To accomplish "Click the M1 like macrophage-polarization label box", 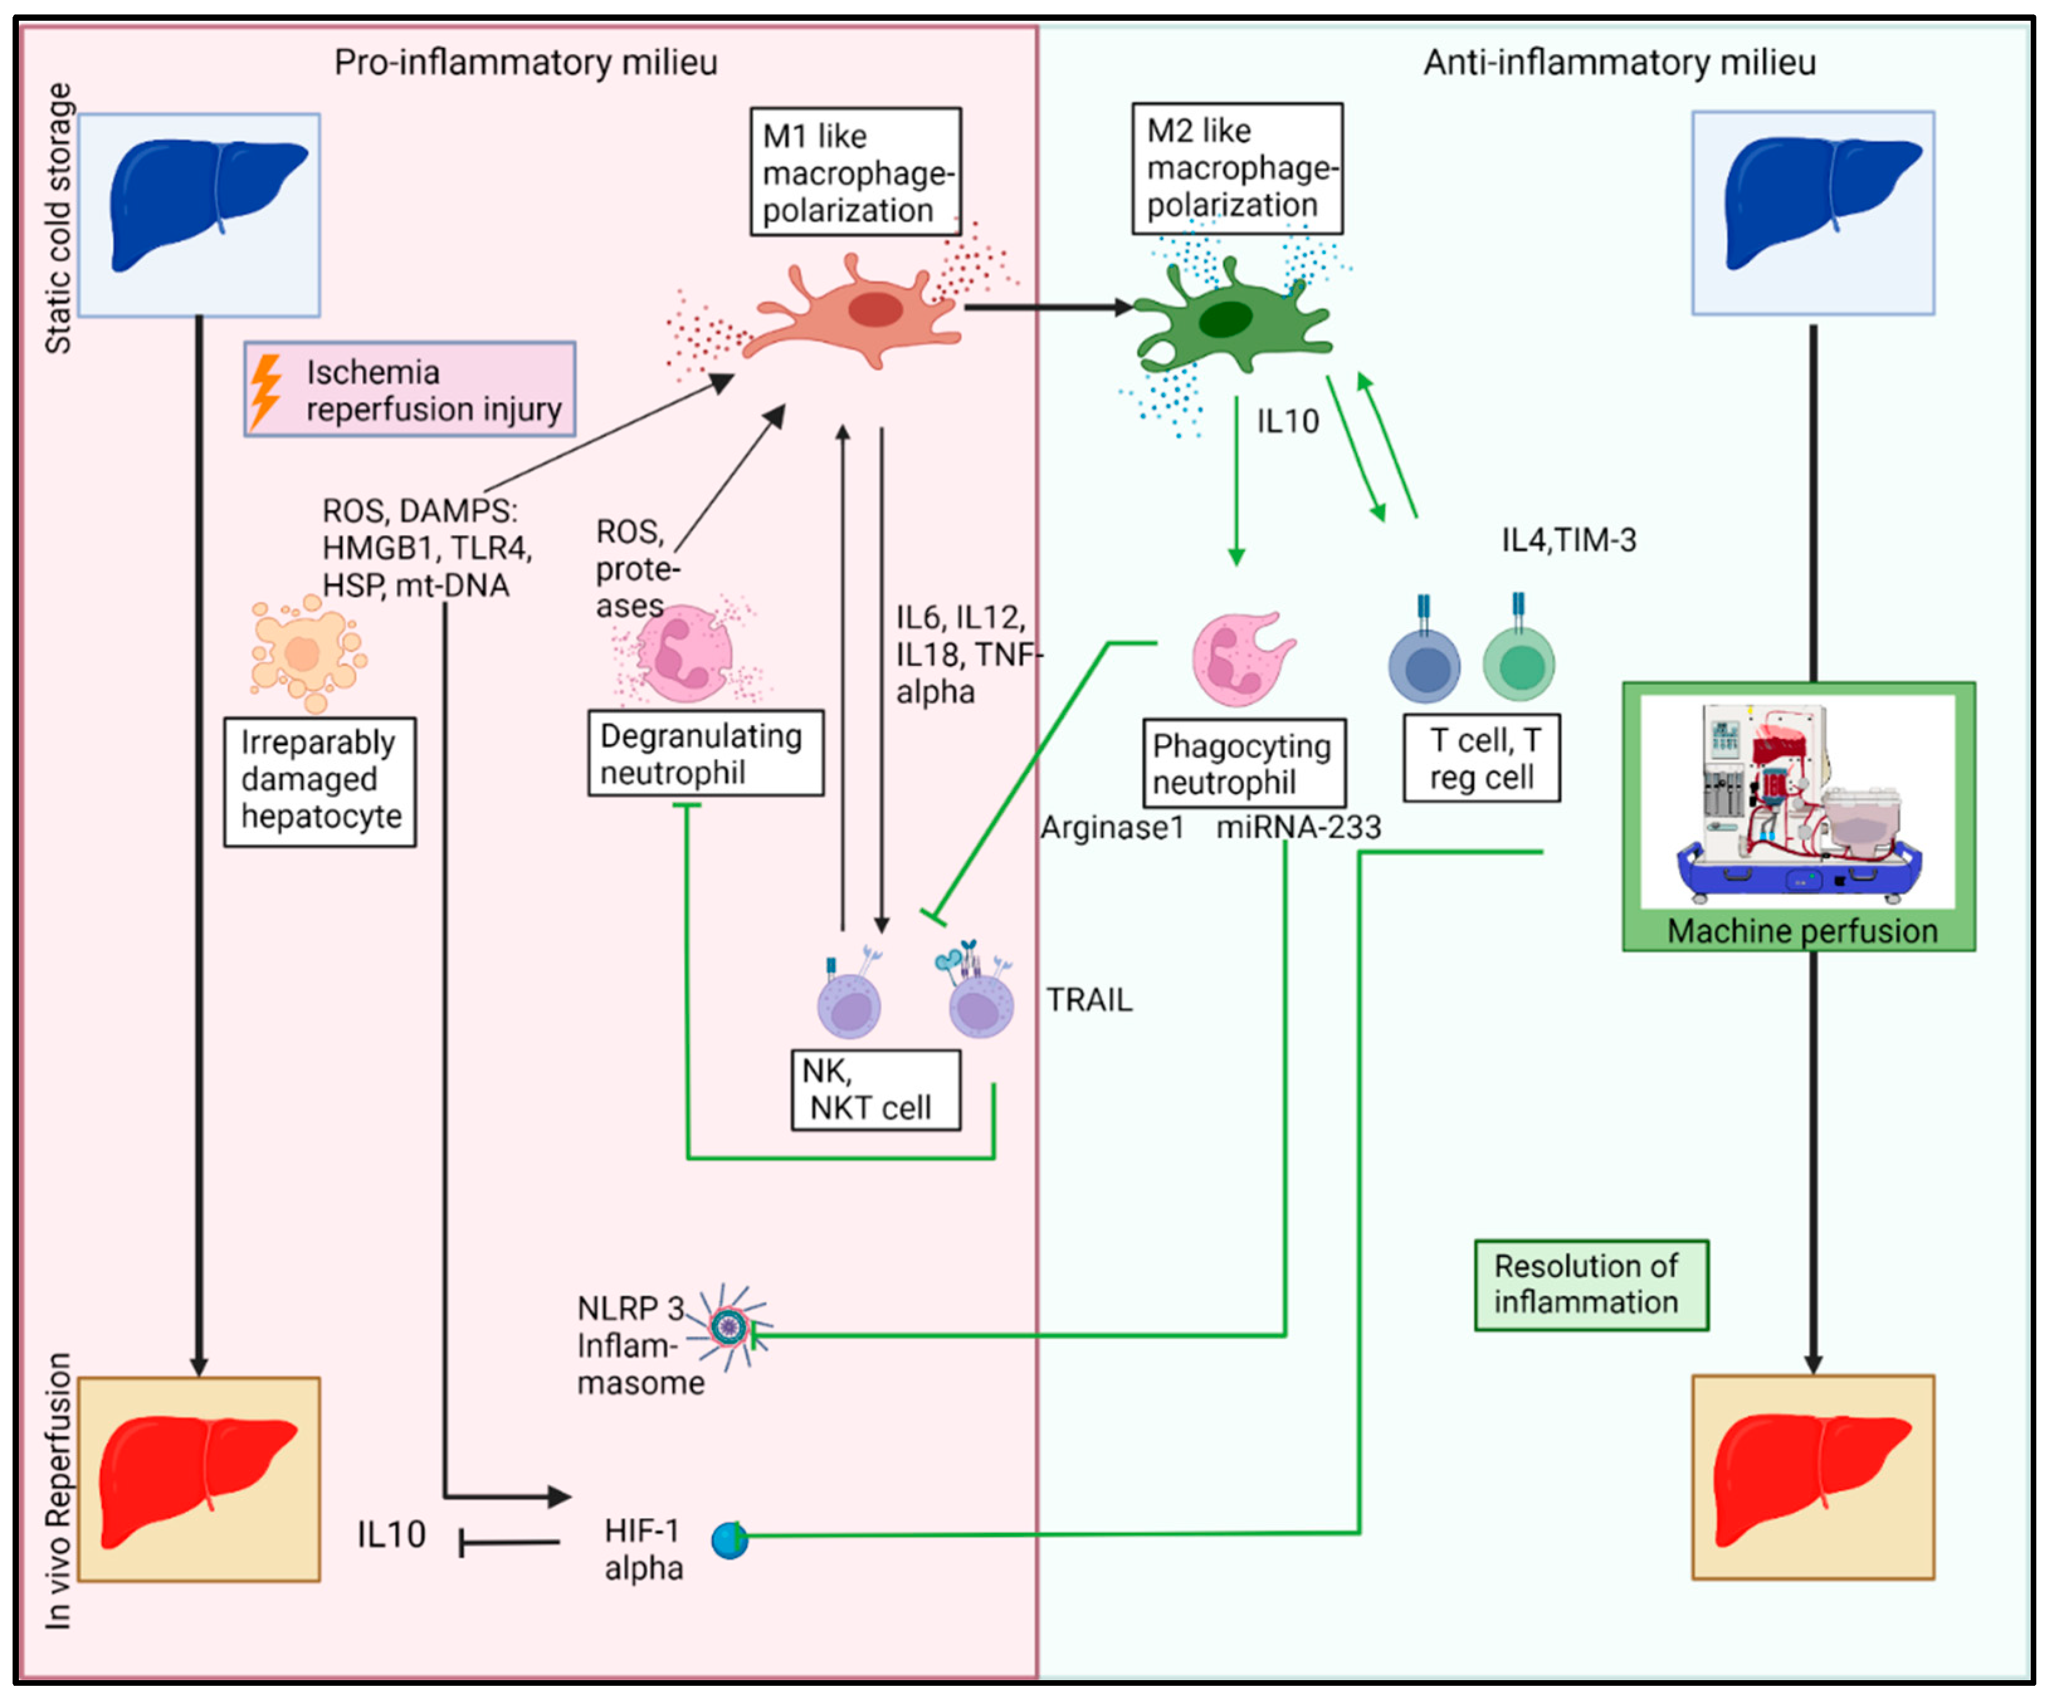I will point(855,172).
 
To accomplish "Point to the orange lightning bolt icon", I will point(265,390).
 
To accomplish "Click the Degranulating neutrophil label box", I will point(705,753).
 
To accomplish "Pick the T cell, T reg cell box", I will point(1480,758).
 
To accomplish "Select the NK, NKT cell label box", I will point(875,1090).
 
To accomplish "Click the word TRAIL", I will point(1089,1000).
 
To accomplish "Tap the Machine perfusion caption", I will point(1801,931).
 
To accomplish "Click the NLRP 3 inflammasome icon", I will point(728,1325).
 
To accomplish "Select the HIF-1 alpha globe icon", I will point(729,1540).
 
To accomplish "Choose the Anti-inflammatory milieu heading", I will point(1619,62).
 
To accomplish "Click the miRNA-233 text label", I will point(1297,827).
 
